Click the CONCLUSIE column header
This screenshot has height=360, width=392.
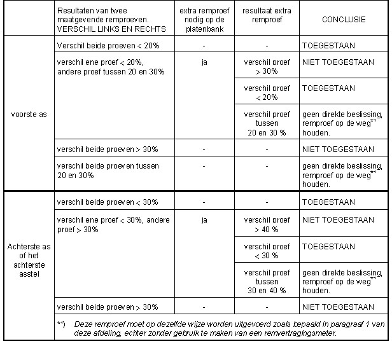point(344,20)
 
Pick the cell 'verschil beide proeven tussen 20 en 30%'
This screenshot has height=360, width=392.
point(107,170)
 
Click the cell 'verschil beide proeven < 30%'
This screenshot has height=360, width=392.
point(107,202)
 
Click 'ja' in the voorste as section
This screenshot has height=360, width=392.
point(204,63)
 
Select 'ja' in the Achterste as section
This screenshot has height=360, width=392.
point(204,220)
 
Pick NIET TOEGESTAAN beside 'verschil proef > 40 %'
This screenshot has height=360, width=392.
point(338,220)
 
